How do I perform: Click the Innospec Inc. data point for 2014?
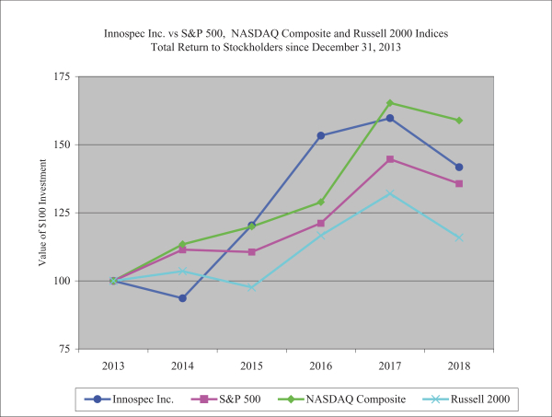point(182,298)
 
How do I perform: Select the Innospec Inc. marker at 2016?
point(320,135)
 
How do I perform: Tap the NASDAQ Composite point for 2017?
point(390,103)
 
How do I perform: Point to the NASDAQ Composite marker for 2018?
point(459,120)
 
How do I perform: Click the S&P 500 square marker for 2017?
point(390,159)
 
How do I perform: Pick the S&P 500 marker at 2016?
point(320,224)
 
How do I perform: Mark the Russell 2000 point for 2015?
point(251,287)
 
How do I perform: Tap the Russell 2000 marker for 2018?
point(459,237)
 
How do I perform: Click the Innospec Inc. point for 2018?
point(459,167)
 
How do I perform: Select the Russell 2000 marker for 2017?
point(390,193)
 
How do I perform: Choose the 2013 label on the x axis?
point(113,365)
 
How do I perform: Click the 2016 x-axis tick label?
point(320,365)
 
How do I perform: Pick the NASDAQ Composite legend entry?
point(320,399)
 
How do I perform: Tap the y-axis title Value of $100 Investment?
point(42,212)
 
